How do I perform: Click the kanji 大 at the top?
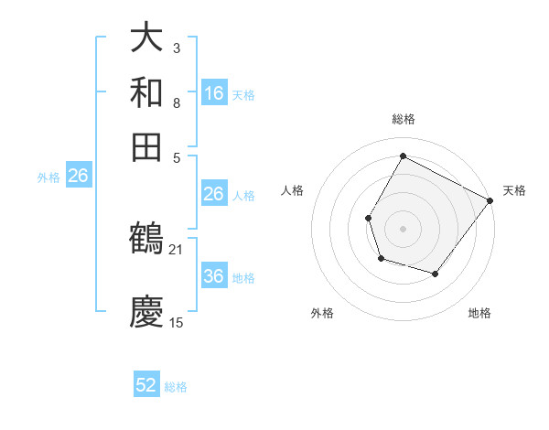(146, 38)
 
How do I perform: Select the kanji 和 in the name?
(146, 92)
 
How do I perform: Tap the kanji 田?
(146, 145)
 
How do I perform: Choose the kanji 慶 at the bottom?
(146, 311)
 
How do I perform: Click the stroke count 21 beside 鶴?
(177, 249)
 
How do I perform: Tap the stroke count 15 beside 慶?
(177, 322)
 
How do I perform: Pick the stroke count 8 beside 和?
(177, 102)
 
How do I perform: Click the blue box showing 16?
(213, 92)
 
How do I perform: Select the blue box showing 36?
(213, 276)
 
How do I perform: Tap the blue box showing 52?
(146, 385)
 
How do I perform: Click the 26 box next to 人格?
(213, 194)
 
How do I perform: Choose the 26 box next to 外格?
(78, 176)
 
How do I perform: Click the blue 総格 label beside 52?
(177, 387)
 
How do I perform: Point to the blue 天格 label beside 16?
(243, 94)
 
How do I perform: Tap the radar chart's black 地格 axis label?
(479, 313)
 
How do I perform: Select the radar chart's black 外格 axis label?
(322, 313)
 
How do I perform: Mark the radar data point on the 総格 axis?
(403, 155)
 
